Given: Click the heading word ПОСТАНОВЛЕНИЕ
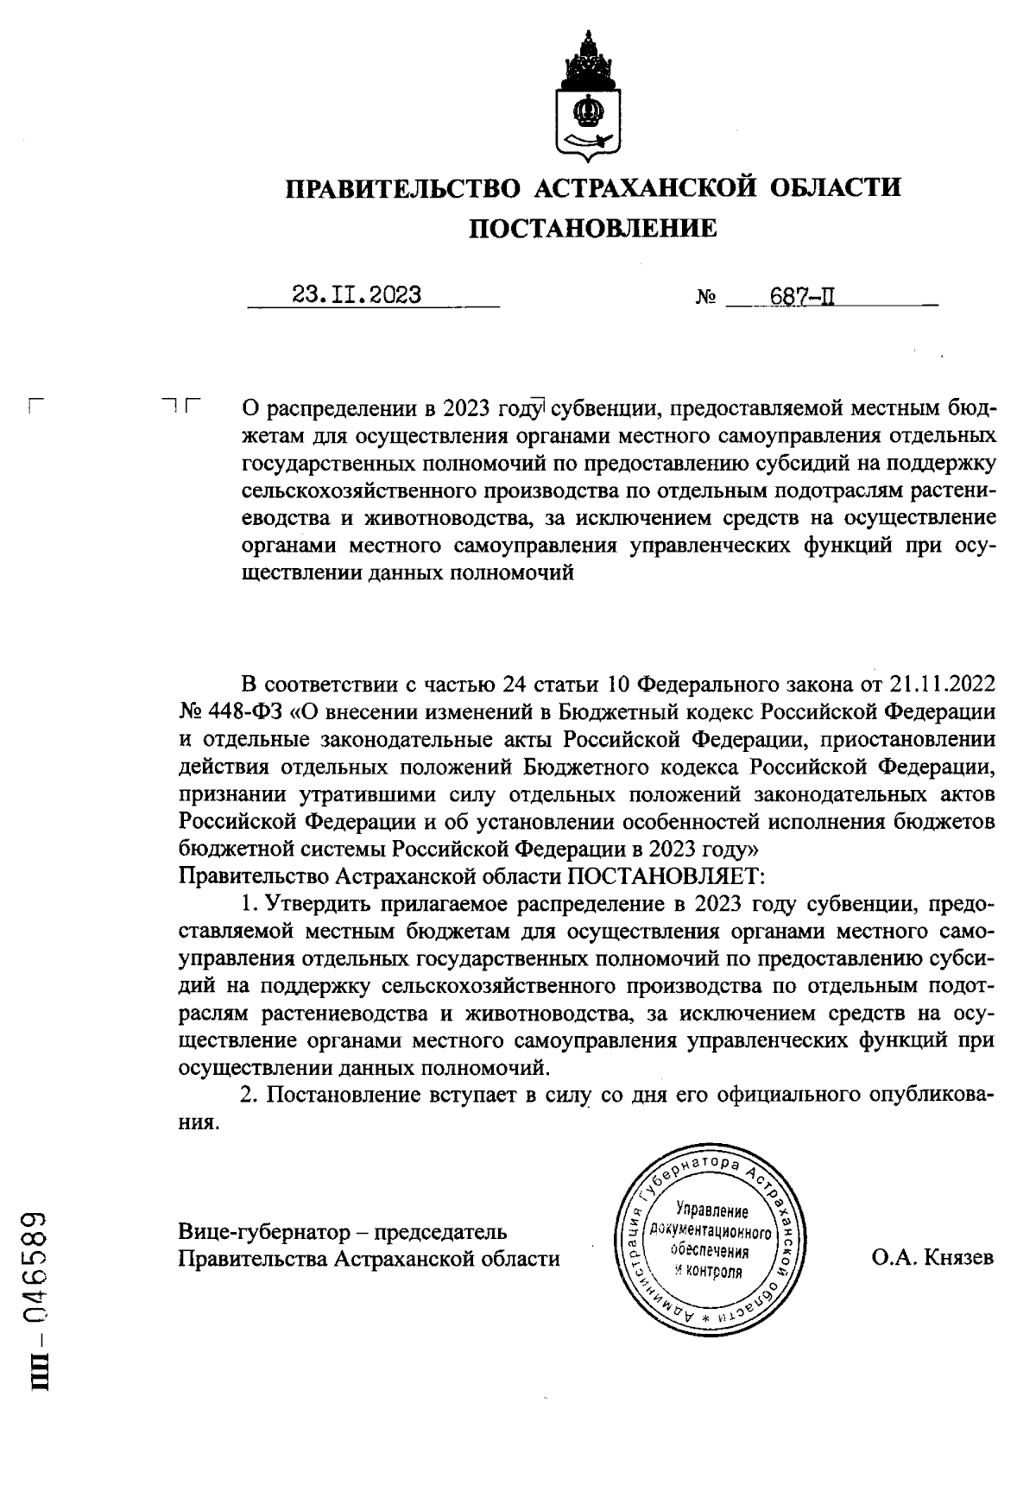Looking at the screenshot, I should [x=592, y=228].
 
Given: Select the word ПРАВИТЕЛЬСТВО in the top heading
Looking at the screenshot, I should [x=403, y=187].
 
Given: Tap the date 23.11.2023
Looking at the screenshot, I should [x=357, y=295].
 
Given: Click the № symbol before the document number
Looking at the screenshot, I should [x=706, y=300].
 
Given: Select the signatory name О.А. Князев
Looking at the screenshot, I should [x=932, y=1258].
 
